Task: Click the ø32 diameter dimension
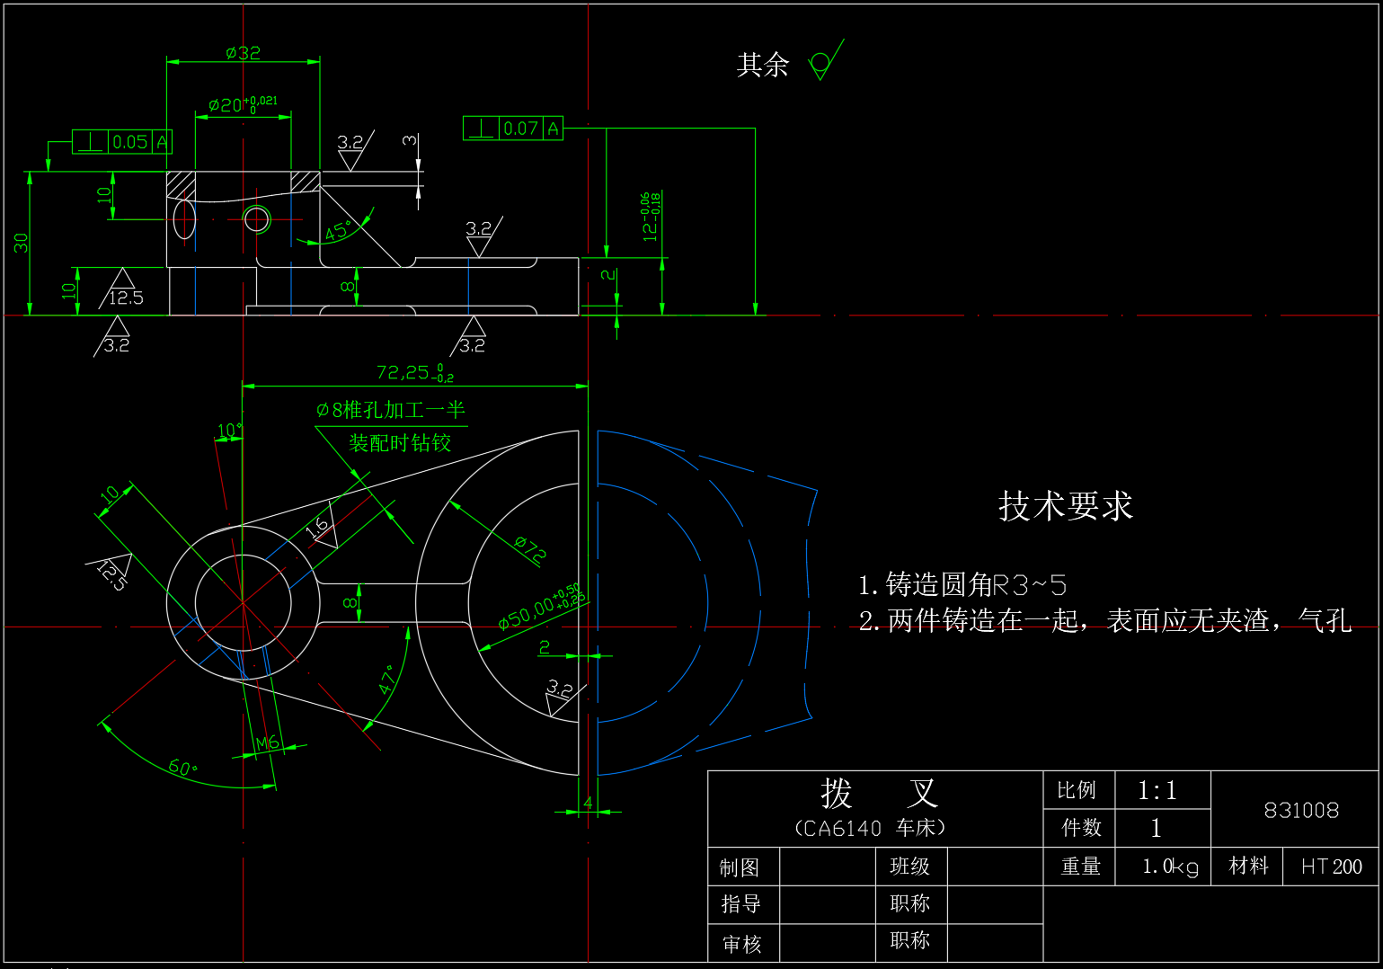[243, 53]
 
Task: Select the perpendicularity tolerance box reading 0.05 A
[121, 142]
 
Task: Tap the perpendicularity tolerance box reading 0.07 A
[512, 129]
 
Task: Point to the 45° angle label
[337, 231]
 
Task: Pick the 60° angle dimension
[182, 767]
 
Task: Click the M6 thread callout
[267, 743]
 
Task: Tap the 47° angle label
[388, 680]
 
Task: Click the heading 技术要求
[1066, 506]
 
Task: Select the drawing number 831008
[1301, 811]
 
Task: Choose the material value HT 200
[1331, 867]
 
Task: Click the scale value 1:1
[1157, 791]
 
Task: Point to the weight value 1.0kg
[1170, 867]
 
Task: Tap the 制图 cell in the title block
[740, 867]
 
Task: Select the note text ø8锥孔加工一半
[391, 411]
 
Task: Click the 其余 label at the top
[763, 65]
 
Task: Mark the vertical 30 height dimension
[21, 243]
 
